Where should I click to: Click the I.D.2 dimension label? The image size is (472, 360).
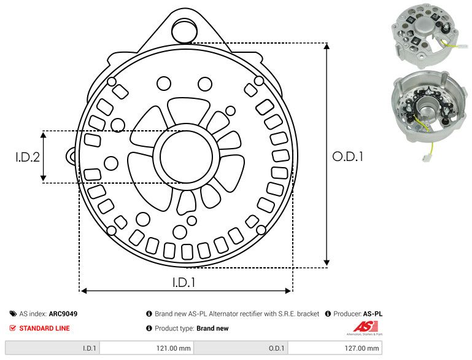[28, 157]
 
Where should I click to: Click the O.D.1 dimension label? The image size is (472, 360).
[347, 157]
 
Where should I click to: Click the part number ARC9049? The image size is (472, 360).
[63, 313]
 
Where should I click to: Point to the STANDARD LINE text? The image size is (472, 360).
[44, 328]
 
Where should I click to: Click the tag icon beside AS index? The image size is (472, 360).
[13, 313]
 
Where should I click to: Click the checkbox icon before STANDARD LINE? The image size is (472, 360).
[13, 328]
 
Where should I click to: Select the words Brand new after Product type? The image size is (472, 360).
[212, 328]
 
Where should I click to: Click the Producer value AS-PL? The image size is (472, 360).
[373, 313]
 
